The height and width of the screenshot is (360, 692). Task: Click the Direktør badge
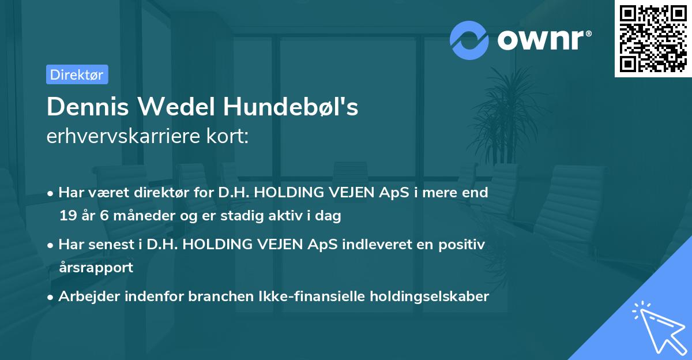pyautogui.click(x=77, y=74)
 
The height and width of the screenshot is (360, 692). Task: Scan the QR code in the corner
pyautogui.click(x=653, y=38)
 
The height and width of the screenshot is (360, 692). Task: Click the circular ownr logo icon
pyautogui.click(x=469, y=40)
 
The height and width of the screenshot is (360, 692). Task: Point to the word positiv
pyautogui.click(x=464, y=244)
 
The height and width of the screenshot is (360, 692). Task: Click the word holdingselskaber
pyautogui.click(x=438, y=297)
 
